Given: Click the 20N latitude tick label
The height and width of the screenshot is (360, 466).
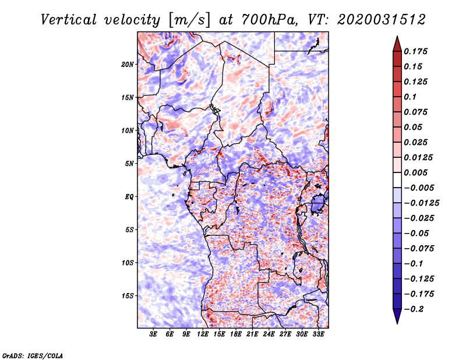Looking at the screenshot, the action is pos(128,64).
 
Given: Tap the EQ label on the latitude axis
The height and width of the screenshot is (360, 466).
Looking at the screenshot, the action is pos(129,197).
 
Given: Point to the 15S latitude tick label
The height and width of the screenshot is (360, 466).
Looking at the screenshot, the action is pos(128,296).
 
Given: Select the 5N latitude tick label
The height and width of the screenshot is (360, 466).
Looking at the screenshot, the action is pos(129,164).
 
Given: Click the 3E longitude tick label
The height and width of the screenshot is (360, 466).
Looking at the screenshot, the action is pos(153,334).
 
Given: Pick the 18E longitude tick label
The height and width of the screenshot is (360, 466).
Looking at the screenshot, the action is pos(236,334).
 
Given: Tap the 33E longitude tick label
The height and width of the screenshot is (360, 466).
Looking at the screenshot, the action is pos(318,334).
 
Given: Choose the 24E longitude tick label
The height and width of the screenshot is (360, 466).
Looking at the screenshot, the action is pos(269,334).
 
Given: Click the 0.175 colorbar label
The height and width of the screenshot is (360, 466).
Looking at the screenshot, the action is pos(415,51).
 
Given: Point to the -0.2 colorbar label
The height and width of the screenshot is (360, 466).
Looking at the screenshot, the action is pos(414,309).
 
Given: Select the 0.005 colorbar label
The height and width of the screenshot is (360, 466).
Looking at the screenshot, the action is pos(415,172).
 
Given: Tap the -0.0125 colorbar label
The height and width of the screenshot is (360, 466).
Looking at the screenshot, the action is pos(421,203).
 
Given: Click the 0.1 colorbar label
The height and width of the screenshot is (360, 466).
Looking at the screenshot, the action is pos(410,97).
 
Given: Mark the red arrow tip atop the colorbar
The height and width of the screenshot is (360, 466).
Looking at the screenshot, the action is pos(397,36).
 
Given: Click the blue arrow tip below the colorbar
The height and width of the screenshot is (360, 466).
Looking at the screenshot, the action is pos(397,324).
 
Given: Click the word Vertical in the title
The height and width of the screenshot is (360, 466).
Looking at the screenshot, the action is pos(69,20).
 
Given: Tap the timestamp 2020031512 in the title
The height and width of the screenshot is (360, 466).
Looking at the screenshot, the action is pos(382,20).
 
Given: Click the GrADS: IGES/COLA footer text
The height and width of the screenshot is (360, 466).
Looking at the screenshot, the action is pos(33,355).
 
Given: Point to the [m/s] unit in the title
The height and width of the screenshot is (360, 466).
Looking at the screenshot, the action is pos(189,20).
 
